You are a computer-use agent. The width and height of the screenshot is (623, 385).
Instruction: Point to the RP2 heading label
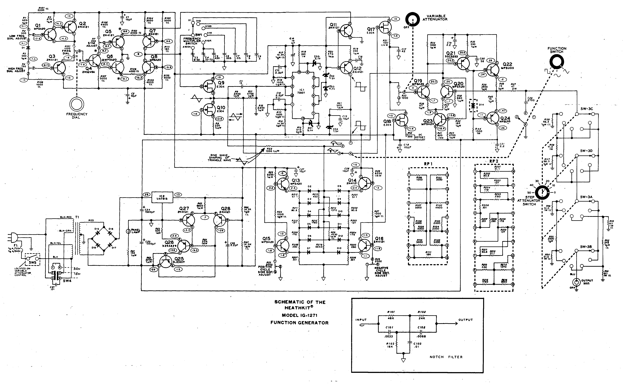coord(494,161)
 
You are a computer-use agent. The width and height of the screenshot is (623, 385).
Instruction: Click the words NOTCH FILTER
coord(446,357)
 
